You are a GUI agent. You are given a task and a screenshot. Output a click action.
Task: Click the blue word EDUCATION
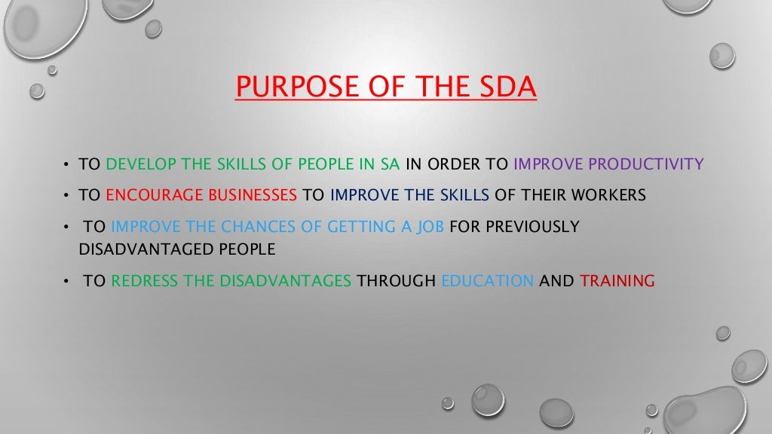click(487, 281)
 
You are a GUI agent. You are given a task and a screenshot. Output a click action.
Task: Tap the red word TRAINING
click(617, 281)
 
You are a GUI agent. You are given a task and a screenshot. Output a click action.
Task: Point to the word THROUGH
click(397, 281)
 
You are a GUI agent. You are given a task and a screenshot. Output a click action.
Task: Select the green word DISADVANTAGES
click(285, 281)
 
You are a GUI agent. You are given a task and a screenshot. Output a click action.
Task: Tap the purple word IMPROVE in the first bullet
click(548, 164)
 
